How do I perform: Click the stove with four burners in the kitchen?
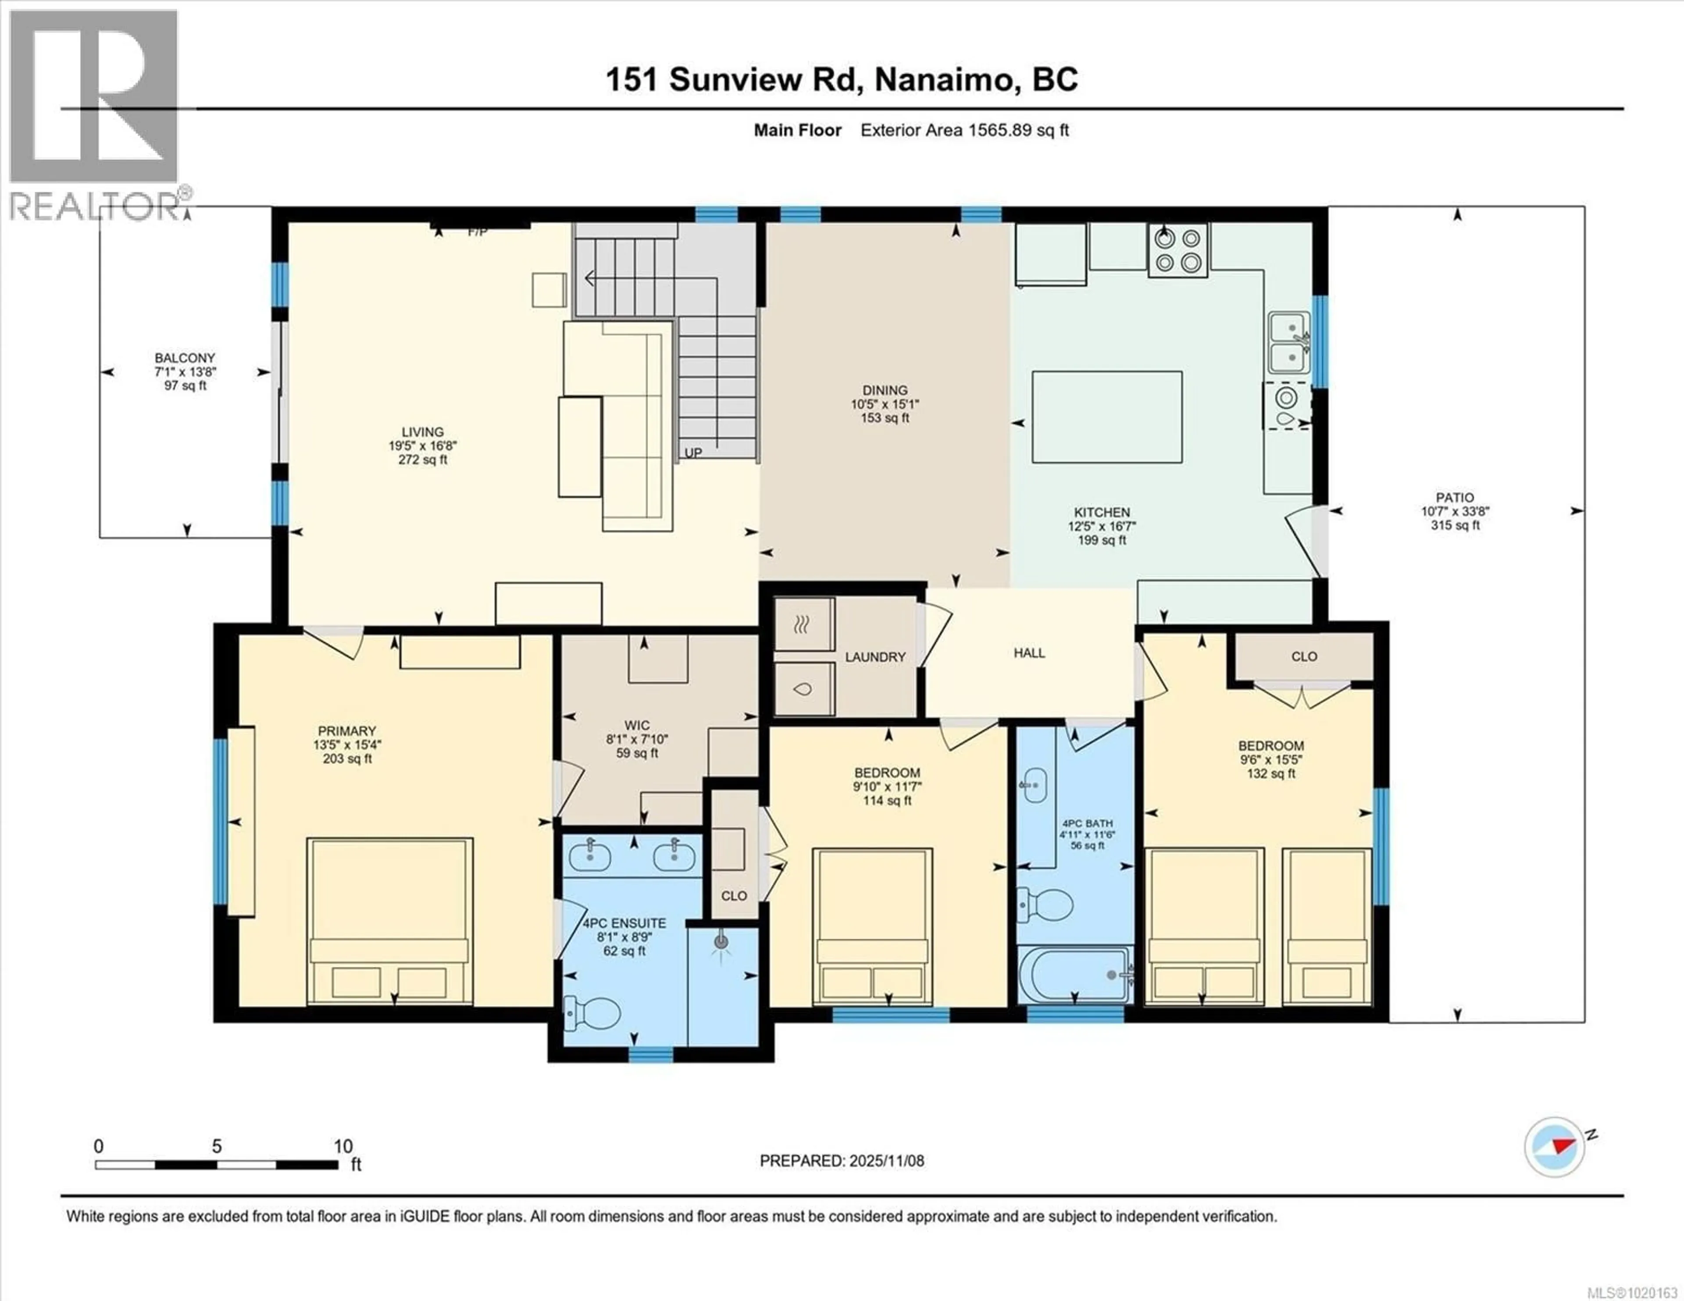pyautogui.click(x=1178, y=251)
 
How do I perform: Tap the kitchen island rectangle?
pyautogui.click(x=1106, y=417)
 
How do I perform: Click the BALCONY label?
pyautogui.click(x=185, y=358)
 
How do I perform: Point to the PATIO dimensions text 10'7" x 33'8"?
pyautogui.click(x=1454, y=511)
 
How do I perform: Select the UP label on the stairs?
pyautogui.click(x=693, y=453)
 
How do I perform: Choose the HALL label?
pyautogui.click(x=1029, y=653)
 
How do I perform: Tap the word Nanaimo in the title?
pyautogui.click(x=944, y=79)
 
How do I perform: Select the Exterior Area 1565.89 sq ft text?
pyautogui.click(x=964, y=130)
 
